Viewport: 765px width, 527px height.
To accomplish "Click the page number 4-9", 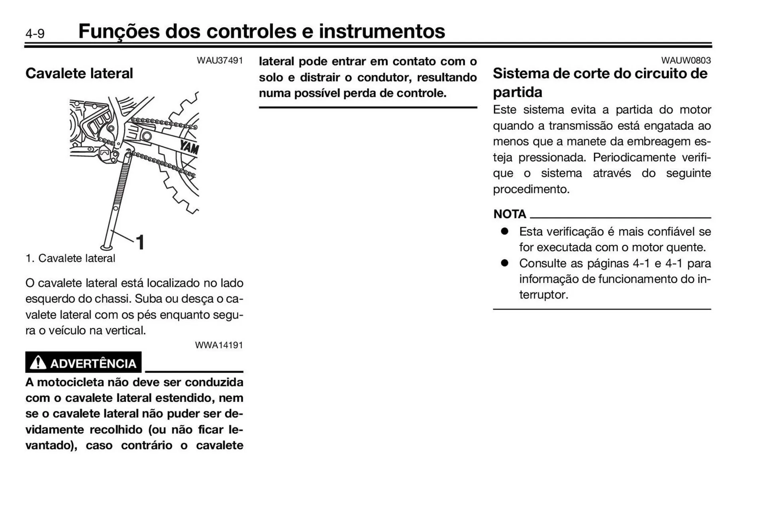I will [x=35, y=34].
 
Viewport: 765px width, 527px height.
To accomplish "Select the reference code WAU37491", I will [x=220, y=61].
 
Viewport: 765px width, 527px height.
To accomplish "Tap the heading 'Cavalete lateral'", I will [x=79, y=73].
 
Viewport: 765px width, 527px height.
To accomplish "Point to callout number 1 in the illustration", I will [x=140, y=242].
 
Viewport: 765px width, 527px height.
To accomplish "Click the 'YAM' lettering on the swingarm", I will [x=189, y=147].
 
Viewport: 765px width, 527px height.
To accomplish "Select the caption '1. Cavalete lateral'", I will [x=70, y=259].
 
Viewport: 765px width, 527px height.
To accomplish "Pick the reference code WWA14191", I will [x=219, y=345].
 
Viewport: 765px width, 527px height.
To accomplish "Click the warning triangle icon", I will [x=38, y=363].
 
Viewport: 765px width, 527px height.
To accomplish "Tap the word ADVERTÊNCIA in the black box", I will [x=93, y=363].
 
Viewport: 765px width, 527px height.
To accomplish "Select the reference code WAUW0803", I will [x=686, y=61].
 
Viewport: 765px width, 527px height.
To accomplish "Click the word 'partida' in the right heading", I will [x=517, y=92].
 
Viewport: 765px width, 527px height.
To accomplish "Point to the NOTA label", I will [x=510, y=214].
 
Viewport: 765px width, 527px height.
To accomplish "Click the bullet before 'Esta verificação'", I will [x=504, y=231].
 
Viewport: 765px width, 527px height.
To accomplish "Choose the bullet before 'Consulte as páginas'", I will [x=504, y=263].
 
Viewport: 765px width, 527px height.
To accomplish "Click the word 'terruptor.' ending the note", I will [x=543, y=295].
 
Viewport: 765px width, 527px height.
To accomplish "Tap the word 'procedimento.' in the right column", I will [x=531, y=189].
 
